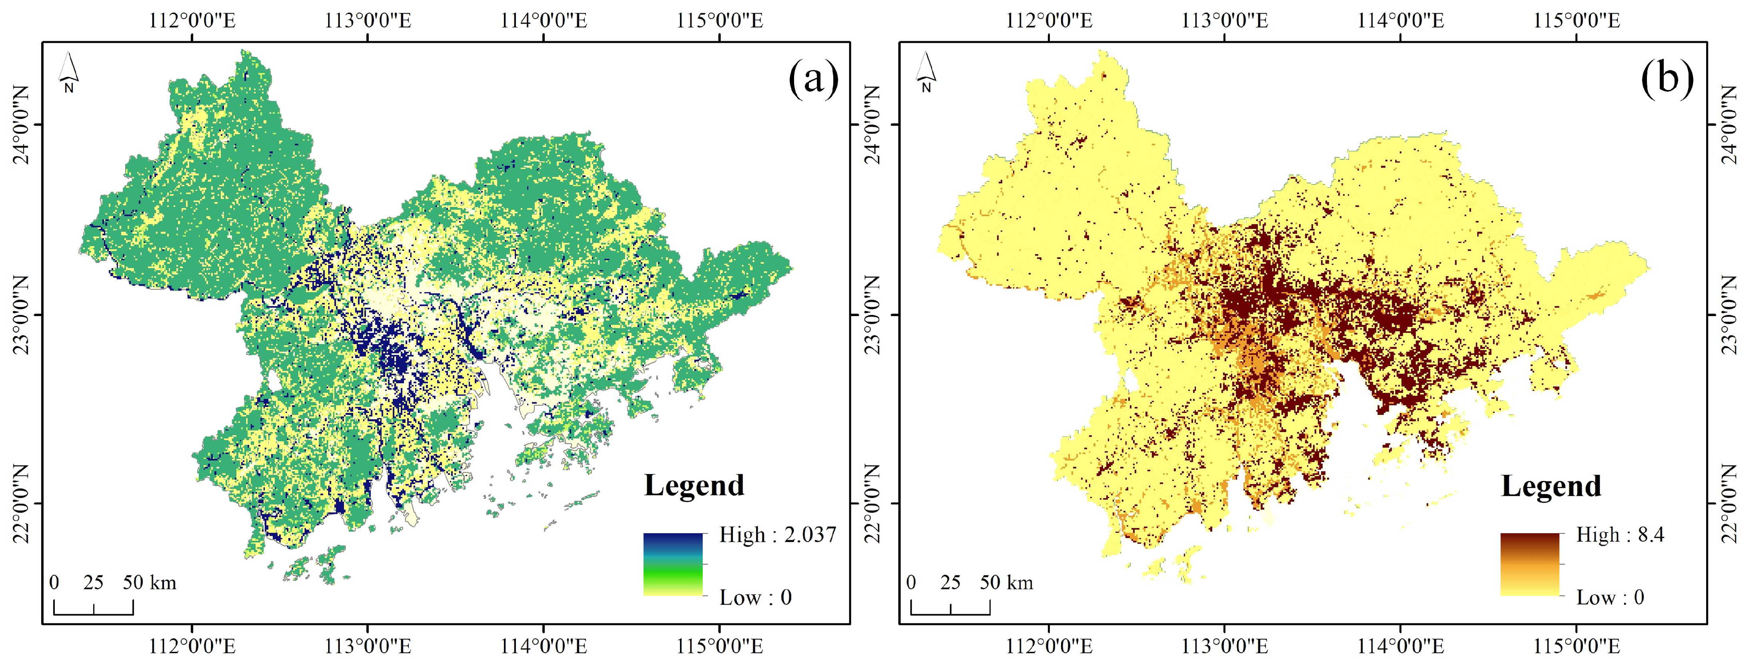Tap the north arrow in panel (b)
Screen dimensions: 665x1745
[925, 73]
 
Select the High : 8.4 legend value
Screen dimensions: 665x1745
[1620, 535]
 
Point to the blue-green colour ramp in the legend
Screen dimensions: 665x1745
[673, 564]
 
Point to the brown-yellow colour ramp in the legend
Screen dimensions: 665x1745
[1530, 564]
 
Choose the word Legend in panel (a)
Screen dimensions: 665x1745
[694, 485]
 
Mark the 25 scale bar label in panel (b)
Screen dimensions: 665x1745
[951, 583]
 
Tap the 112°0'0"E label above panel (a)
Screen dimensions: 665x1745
[193, 20]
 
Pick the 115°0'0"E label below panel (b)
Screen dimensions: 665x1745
[1577, 647]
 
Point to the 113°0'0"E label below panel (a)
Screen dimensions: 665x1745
[368, 647]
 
